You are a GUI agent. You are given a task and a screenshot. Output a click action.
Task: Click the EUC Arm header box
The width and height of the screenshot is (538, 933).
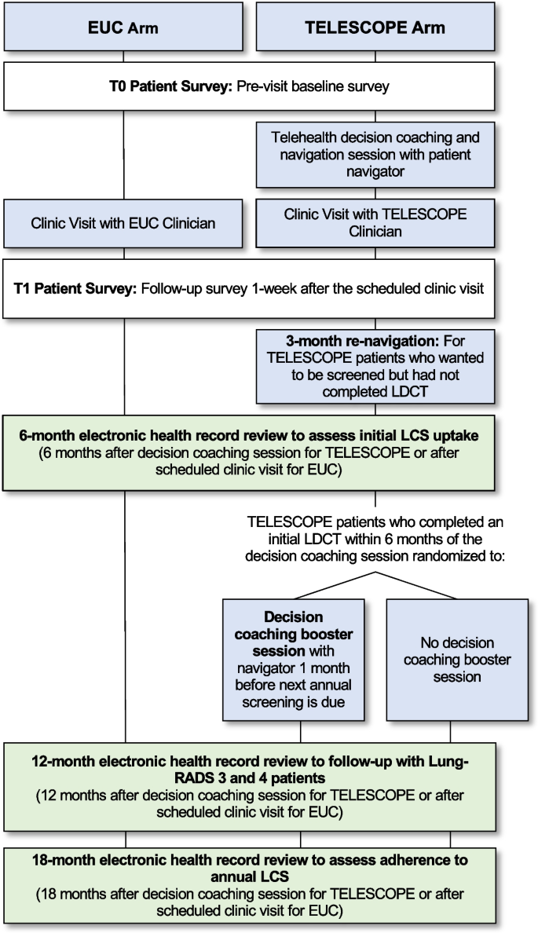(124, 28)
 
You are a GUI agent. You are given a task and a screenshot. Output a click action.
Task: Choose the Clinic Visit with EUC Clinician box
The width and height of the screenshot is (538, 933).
(124, 222)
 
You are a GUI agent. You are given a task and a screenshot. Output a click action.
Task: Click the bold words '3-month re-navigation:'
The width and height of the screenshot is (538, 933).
(355, 342)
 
